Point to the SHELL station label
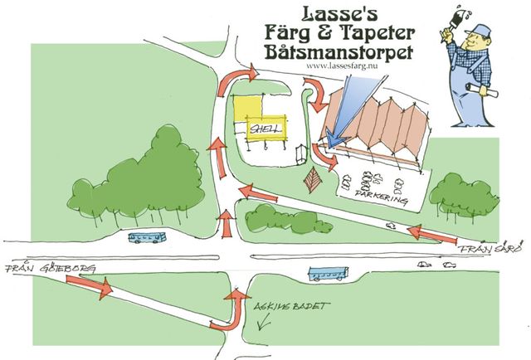(265, 129)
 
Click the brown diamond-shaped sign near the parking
(314, 178)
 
